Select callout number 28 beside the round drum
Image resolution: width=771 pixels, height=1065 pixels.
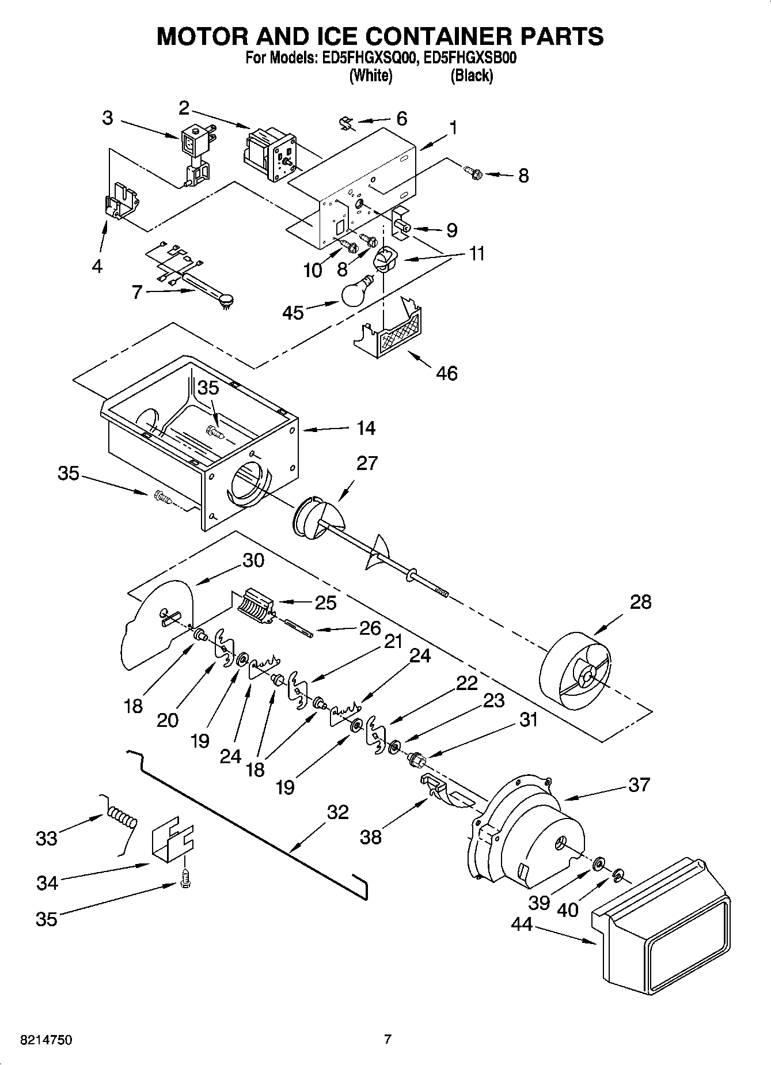pyautogui.click(x=640, y=602)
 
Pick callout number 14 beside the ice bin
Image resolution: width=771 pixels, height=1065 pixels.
pyautogui.click(x=366, y=428)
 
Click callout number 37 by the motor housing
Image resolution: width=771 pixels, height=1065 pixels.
pyautogui.click(x=639, y=784)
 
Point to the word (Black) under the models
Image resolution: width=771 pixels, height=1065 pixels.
pyautogui.click(x=472, y=75)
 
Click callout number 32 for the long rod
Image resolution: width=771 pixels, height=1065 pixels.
pyautogui.click(x=337, y=812)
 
